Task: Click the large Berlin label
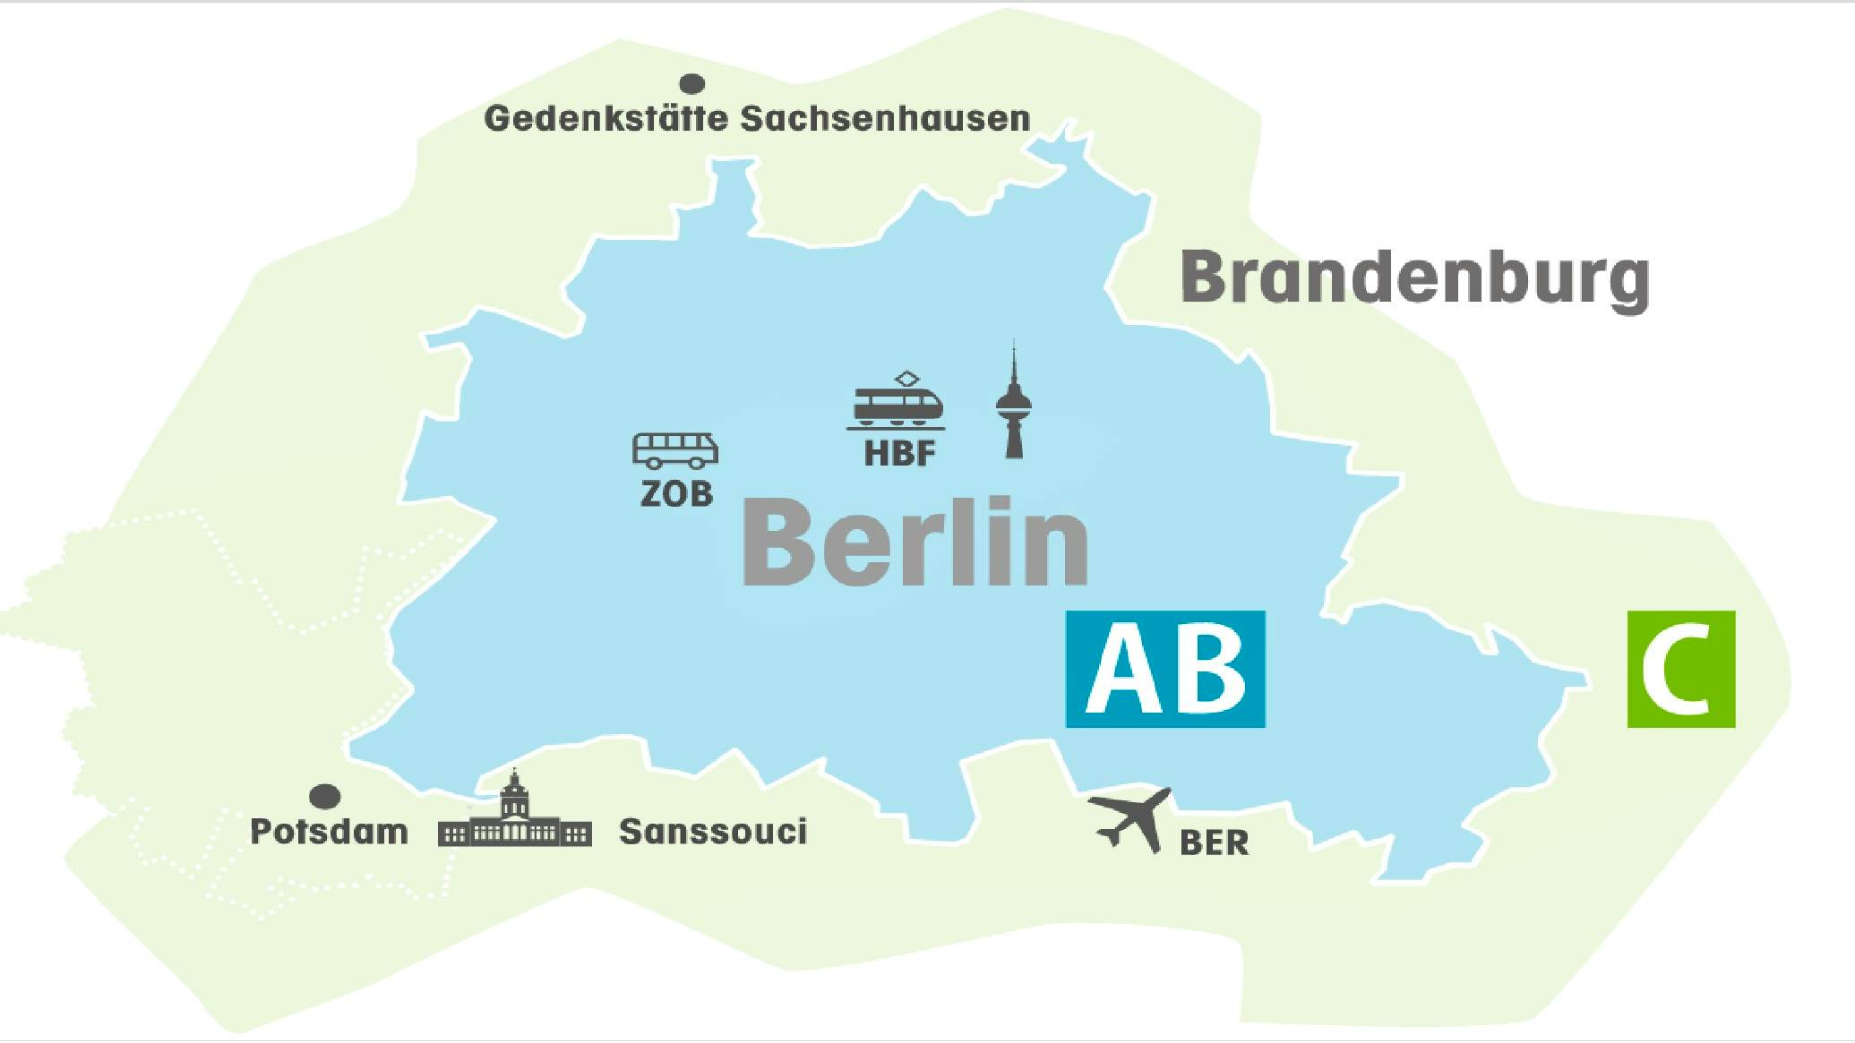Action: pyautogui.click(x=915, y=544)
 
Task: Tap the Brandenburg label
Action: pyautogui.click(x=1415, y=278)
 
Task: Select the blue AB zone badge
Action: pyautogui.click(x=1165, y=669)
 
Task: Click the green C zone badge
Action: pyautogui.click(x=1680, y=669)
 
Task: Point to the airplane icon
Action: pyautogui.click(x=1130, y=818)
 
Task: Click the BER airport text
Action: pyautogui.click(x=1214, y=843)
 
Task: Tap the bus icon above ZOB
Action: pyautogui.click(x=675, y=450)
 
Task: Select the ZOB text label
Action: pyautogui.click(x=676, y=493)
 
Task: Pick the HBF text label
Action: pyautogui.click(x=899, y=454)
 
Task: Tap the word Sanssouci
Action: pyautogui.click(x=713, y=832)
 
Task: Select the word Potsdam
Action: pyautogui.click(x=329, y=832)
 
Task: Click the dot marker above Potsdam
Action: pyautogui.click(x=324, y=796)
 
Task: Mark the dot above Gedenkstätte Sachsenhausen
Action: pyautogui.click(x=692, y=84)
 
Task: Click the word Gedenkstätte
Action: pyautogui.click(x=605, y=118)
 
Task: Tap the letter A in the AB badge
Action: pyautogui.click(x=1119, y=670)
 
